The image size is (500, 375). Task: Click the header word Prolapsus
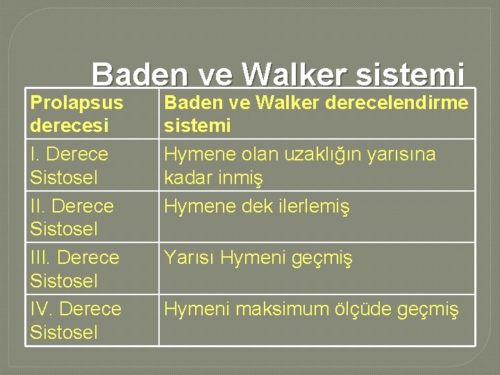coord(76,103)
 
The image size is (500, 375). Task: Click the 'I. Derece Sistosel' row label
coord(69,165)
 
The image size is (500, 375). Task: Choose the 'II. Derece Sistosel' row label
coord(72,217)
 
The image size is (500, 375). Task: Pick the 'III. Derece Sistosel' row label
coord(75,269)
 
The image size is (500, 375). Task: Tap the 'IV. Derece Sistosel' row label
coord(76,320)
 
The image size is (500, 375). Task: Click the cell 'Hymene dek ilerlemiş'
coord(257,206)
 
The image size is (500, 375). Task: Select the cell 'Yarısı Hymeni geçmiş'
coord(258,258)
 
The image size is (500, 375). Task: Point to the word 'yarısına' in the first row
coord(402,154)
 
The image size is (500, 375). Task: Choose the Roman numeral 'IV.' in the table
coord(42,308)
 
